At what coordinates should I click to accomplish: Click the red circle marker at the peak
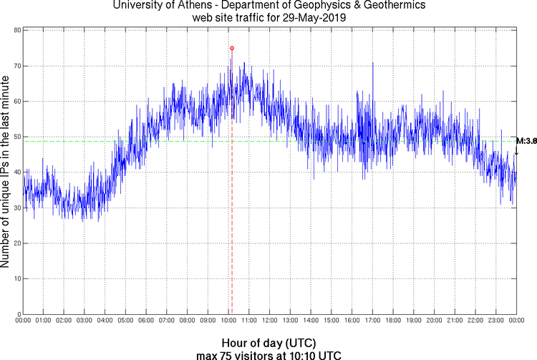pyautogui.click(x=232, y=48)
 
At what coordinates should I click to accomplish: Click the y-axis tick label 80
pyautogui.click(x=15, y=31)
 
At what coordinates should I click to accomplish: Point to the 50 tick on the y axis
pyautogui.click(x=15, y=137)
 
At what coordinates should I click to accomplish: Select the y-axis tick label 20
pyautogui.click(x=15, y=243)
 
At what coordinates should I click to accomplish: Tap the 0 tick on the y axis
pyautogui.click(x=17, y=314)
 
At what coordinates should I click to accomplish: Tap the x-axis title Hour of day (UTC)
pyautogui.click(x=268, y=342)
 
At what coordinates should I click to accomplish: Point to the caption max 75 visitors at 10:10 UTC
pyautogui.click(x=268, y=354)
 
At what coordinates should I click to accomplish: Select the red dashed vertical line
pyautogui.click(x=232, y=215)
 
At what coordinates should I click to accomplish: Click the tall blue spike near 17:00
pyautogui.click(x=373, y=68)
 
